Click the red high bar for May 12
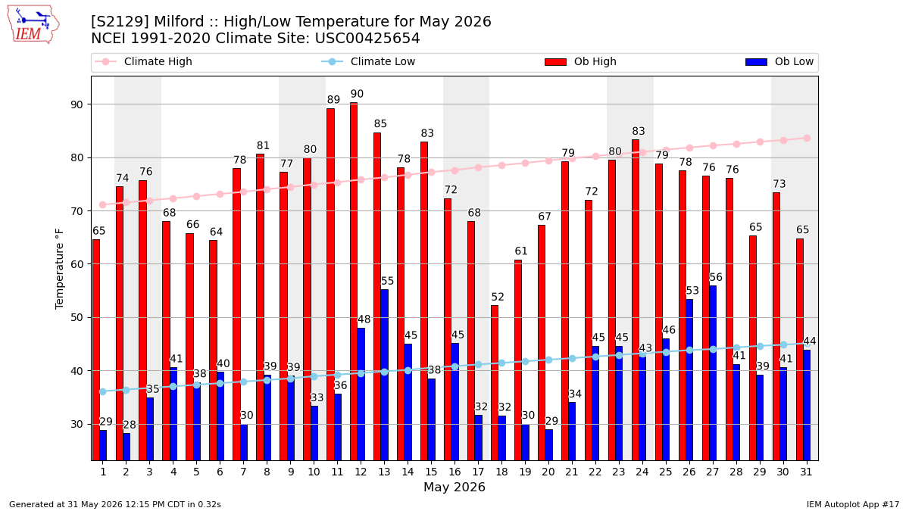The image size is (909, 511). coord(354,282)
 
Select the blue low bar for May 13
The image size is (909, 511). coord(384,375)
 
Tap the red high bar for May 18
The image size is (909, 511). coord(495,383)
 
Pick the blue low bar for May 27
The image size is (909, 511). coord(713,373)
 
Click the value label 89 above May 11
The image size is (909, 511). coord(333,100)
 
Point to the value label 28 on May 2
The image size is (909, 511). coord(130,425)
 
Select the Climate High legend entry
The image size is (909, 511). coord(143,61)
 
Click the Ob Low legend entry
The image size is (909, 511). coord(779,61)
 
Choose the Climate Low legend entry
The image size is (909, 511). coord(368,61)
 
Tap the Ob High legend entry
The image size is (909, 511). coord(581,61)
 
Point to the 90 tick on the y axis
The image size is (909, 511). coord(77,104)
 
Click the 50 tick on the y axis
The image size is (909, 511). coord(77,317)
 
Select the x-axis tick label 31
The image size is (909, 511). coord(806,472)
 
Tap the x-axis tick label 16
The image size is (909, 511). coord(454,472)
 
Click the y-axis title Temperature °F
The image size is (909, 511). coord(59,269)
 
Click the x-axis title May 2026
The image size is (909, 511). coord(454,487)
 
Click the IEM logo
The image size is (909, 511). coord(33,25)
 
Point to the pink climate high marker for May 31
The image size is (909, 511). coord(807,139)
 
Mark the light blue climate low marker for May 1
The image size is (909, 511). coord(103,392)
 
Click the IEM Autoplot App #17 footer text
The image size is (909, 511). coord(853,504)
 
